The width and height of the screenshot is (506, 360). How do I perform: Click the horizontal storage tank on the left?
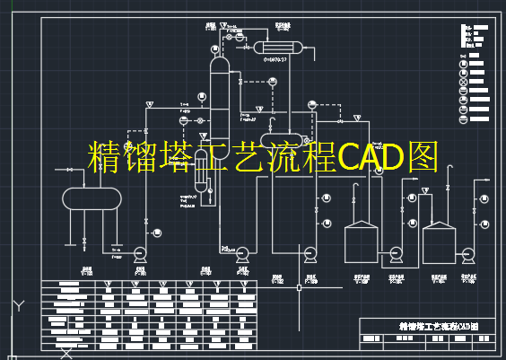91,198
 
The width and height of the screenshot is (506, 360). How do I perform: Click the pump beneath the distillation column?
242,254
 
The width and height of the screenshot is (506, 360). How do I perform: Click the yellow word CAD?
372,157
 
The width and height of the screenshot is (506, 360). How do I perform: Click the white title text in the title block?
437,327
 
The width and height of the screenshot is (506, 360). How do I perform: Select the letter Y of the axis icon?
18,305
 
